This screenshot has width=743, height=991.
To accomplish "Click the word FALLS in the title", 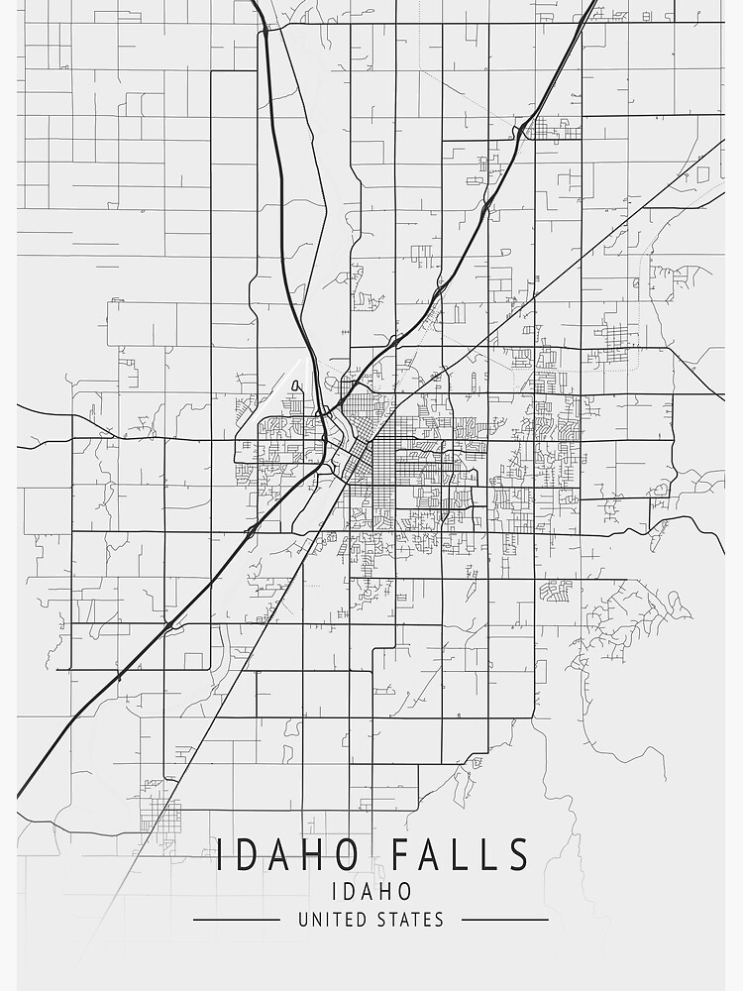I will coord(462,855).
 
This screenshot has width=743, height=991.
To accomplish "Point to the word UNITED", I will coord(331,920).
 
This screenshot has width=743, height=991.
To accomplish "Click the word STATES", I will coord(409,920).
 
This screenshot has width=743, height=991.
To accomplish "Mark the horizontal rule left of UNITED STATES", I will coord(236,920).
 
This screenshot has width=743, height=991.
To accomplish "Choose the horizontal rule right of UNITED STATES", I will coord(504,920).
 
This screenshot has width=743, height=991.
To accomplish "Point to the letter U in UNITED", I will coord(303,920).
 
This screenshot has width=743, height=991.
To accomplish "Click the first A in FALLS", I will coord(434,855).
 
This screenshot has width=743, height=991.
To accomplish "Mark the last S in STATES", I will coord(439,920).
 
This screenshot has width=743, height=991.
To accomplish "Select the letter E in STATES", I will coord(426,920).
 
